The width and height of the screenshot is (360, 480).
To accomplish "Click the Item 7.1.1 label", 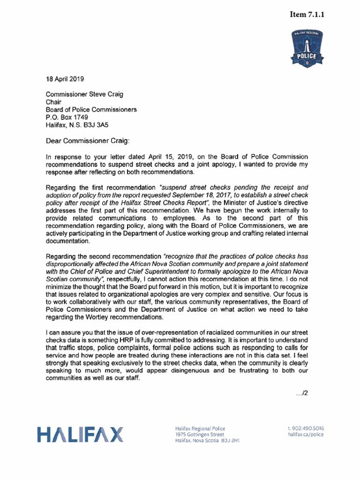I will (x=307, y=15).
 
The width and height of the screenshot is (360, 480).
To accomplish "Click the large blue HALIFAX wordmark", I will (x=81, y=435).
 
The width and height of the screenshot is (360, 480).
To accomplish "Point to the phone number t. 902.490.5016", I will (x=305, y=428).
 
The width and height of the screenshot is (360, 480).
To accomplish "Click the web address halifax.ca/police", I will (x=305, y=435).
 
